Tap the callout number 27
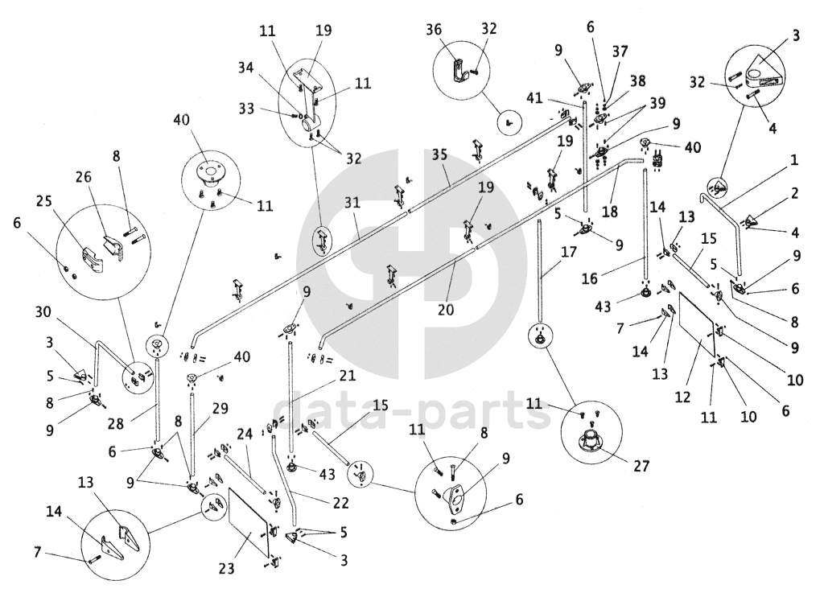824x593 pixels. pos(641,464)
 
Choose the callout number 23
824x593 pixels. pos(227,569)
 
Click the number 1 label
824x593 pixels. pos(794,160)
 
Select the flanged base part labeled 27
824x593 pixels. pos(591,443)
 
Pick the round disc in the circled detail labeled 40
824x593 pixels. pos(208,171)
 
